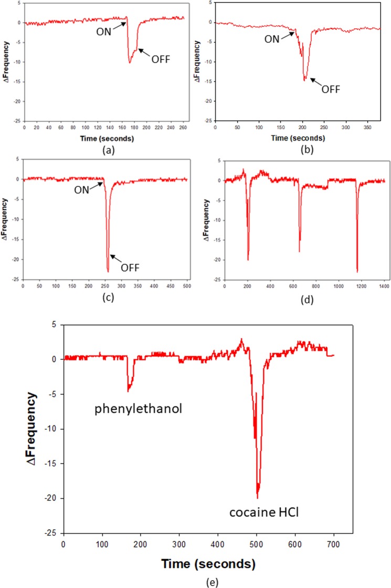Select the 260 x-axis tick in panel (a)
181,129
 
